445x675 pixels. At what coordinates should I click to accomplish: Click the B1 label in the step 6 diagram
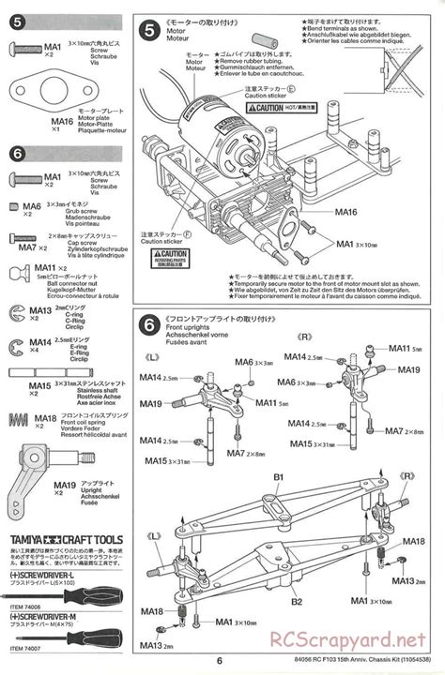tap(279, 478)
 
